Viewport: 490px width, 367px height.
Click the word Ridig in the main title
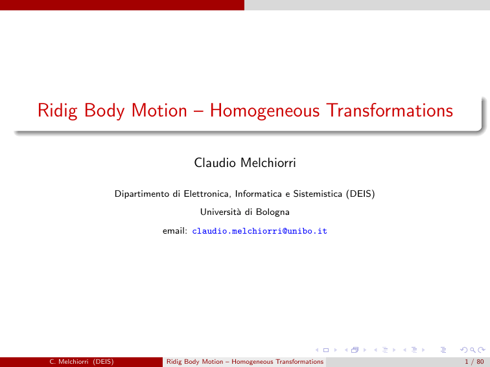coord(58,111)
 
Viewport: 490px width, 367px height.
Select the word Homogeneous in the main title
coord(264,111)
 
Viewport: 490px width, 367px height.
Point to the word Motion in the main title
coord(159,110)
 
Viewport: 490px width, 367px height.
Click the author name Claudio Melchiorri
coord(245,162)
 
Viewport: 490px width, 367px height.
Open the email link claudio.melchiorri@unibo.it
coord(259,231)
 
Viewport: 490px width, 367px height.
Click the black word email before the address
coord(175,231)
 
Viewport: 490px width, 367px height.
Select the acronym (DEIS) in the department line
coord(360,194)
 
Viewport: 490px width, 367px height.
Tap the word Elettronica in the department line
coord(207,194)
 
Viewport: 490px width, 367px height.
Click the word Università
coord(220,212)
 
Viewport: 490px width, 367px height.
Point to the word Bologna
coord(272,212)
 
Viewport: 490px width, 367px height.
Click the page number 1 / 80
coord(474,362)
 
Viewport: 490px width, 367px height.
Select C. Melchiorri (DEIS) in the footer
coord(81,362)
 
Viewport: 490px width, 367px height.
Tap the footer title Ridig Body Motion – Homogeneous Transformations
coord(245,362)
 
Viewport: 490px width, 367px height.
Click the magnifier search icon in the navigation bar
coord(472,350)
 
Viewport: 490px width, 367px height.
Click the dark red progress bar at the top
coord(122,5)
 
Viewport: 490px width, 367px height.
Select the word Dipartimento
coord(142,194)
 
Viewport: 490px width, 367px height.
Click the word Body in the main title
coord(104,111)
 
